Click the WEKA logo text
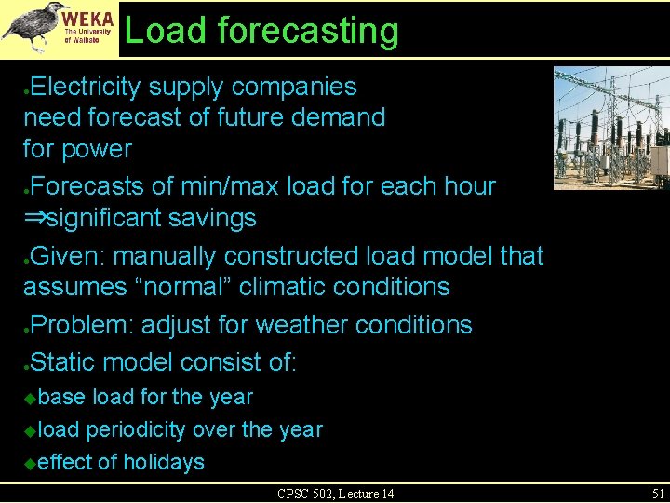coord(88,18)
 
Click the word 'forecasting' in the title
coord(308,31)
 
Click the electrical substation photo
coord(610,128)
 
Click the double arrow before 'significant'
coord(34,219)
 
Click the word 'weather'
coord(299,325)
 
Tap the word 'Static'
coord(63,360)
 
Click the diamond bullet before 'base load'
coord(30,398)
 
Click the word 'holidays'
coord(164,462)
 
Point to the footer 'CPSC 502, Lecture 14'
coord(335,494)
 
